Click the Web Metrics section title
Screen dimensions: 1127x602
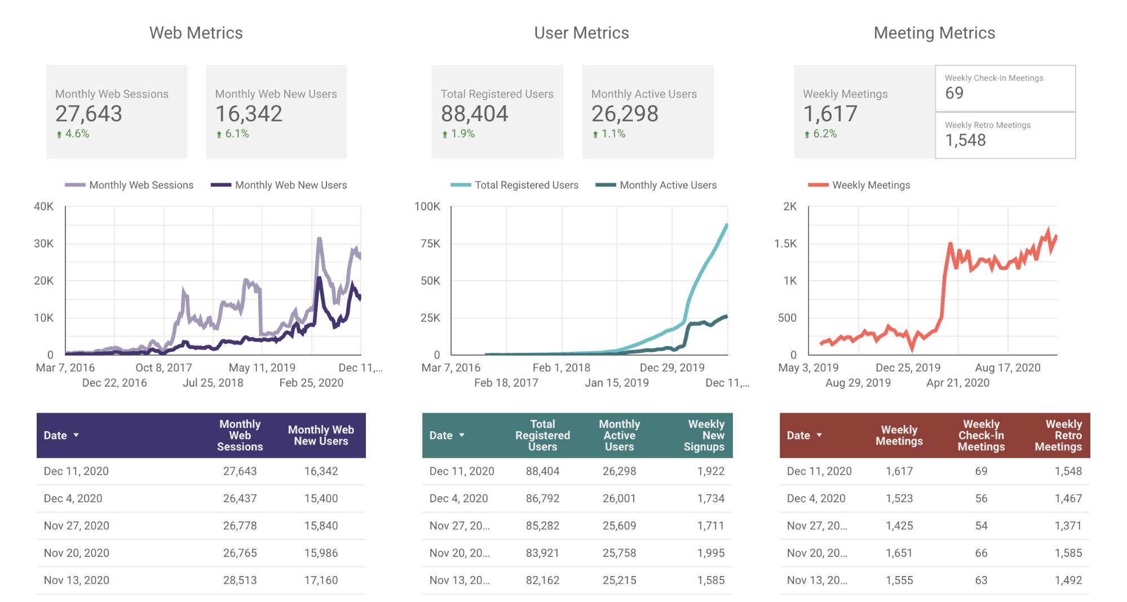(x=196, y=33)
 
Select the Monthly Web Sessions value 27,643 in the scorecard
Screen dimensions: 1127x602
(x=89, y=114)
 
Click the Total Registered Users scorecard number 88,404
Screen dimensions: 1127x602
(x=474, y=114)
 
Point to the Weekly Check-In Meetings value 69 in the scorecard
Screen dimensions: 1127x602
(x=954, y=93)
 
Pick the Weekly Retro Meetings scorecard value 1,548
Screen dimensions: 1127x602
(x=965, y=140)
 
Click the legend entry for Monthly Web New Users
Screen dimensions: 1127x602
(x=279, y=185)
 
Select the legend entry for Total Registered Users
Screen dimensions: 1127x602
(x=515, y=185)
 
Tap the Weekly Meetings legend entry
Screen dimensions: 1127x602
(x=859, y=185)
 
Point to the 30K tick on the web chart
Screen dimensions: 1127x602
(x=43, y=244)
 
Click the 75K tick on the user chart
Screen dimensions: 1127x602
(x=430, y=244)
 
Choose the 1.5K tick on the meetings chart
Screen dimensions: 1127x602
(x=785, y=244)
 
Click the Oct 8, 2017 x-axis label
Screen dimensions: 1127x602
(x=163, y=368)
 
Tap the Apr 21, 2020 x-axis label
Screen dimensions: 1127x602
(x=958, y=383)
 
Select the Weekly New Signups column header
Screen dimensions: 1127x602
(x=704, y=435)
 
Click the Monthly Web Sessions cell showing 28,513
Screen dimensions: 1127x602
(x=240, y=580)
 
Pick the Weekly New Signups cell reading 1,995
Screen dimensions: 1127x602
(x=711, y=553)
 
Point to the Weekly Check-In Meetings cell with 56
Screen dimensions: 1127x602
(x=981, y=498)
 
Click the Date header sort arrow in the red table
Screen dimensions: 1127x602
(x=819, y=435)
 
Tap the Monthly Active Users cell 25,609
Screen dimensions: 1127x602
(x=619, y=525)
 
